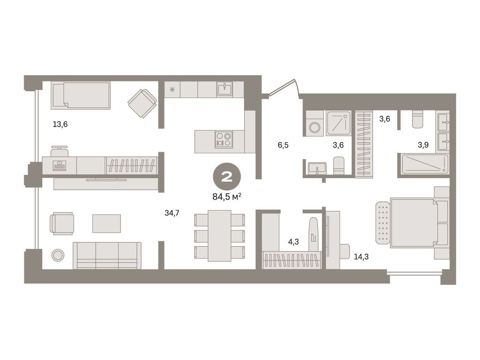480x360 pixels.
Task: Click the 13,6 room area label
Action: pos(60,124)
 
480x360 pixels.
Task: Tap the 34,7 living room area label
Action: pos(172,213)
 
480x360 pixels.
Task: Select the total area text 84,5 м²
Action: pos(227,196)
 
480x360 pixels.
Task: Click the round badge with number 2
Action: pos(227,177)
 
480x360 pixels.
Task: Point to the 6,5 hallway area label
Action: pos(283,145)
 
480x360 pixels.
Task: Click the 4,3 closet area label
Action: pos(293,242)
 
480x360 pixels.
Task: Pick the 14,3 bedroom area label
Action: pos(361,256)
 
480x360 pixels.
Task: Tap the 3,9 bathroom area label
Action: pos(423,145)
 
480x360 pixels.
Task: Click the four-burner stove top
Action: pos(224,139)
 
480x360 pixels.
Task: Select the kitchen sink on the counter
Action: pos(225,89)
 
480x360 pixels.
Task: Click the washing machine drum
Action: pos(315,127)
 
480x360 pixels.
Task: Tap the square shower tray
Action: pos(338,123)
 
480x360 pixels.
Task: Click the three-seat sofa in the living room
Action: pos(107,255)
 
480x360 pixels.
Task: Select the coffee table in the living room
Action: pos(106,224)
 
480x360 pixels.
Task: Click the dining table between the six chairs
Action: pos(219,236)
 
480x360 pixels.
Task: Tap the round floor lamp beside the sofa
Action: pos(58,255)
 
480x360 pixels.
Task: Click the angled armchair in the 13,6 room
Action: pos(142,103)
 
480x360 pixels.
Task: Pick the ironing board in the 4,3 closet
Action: pos(314,234)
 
